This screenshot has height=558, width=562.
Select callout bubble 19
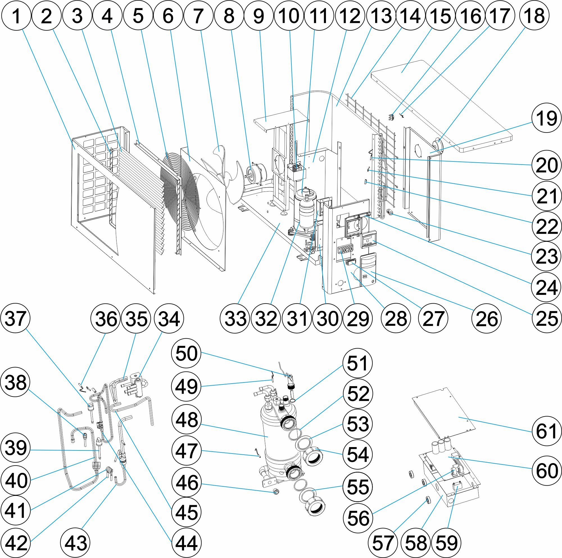(546, 118)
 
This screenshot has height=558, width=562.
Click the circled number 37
(16, 318)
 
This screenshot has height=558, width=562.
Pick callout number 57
(382, 543)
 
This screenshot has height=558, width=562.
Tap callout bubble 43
(75, 543)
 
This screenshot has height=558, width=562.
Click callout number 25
(546, 318)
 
